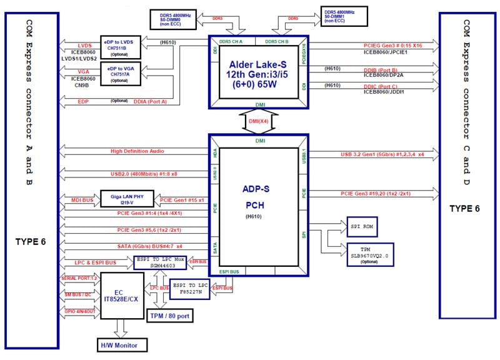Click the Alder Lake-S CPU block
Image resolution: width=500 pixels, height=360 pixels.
[259, 72]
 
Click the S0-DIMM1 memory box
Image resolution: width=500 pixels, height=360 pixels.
[344, 16]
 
